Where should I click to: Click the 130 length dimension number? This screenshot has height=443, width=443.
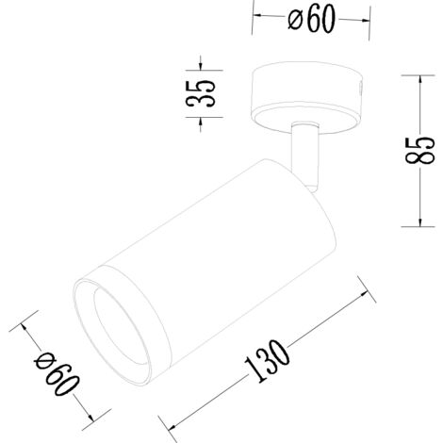point(267,361)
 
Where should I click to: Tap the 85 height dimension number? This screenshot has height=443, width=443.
point(419,151)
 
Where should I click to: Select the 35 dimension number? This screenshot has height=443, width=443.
point(201,93)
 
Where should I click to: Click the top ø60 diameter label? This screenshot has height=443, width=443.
point(312,20)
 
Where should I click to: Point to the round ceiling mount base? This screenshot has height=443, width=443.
point(307,98)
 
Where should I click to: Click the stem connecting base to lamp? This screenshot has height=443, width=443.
point(304,154)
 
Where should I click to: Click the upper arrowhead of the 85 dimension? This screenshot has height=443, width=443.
point(420,80)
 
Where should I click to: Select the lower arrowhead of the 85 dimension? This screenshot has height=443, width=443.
point(420,221)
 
